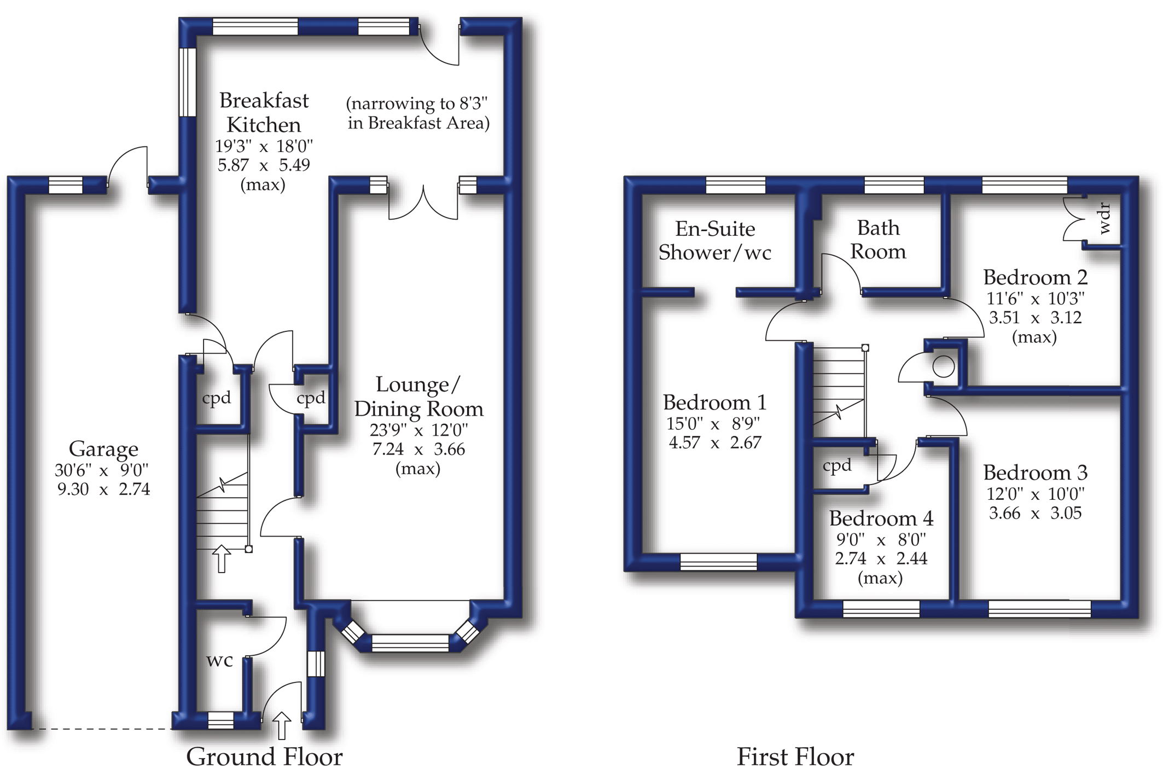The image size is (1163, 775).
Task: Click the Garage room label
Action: point(103,449)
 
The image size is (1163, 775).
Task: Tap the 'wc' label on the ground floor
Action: point(219,661)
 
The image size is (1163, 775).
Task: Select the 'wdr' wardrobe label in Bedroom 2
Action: point(1104,218)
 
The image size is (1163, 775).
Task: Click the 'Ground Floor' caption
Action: point(264,757)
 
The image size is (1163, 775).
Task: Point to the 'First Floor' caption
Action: point(795,757)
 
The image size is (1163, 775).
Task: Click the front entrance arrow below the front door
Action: point(282,725)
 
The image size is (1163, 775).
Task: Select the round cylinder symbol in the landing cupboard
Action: point(943,366)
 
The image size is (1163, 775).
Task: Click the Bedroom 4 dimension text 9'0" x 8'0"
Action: point(881,540)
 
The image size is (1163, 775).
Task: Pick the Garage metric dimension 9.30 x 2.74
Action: point(103,489)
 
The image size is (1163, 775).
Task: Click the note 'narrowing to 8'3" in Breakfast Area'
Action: point(418,113)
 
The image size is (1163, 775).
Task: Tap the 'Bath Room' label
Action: point(878,239)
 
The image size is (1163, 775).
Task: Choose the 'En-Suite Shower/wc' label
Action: point(714,241)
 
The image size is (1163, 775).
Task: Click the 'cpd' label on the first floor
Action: point(837,465)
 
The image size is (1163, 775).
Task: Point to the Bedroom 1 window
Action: point(718,562)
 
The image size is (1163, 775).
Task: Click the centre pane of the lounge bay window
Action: point(410,643)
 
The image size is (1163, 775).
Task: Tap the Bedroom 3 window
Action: point(1039,609)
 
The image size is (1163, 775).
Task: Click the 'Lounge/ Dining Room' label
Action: point(418,397)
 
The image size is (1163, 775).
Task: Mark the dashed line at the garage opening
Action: point(102,729)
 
